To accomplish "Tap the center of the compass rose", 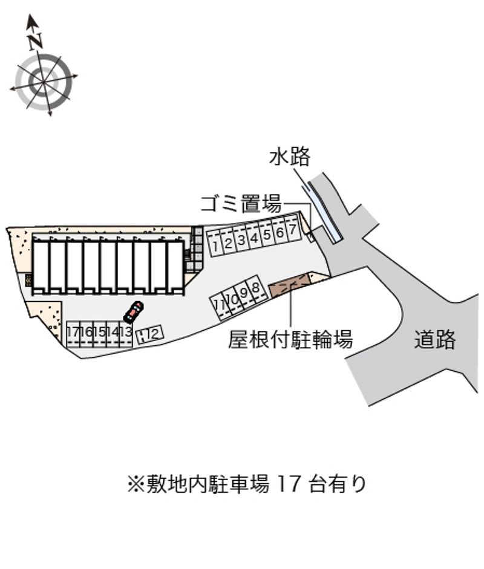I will click(x=43, y=80).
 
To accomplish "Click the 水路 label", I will click(x=290, y=157).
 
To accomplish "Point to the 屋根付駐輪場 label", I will click(x=290, y=340).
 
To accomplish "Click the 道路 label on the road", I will click(x=435, y=340).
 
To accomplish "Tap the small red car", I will click(x=133, y=311).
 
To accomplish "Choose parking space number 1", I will click(x=215, y=245).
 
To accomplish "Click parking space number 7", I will click(x=292, y=230).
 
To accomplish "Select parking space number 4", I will click(x=254, y=238).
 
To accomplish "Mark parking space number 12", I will click(x=149, y=333).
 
